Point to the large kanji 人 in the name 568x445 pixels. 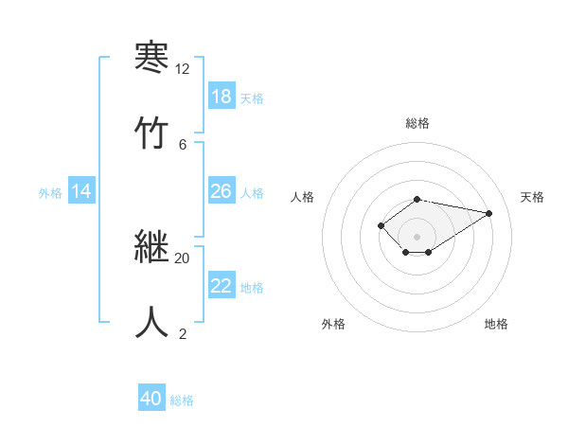click(151, 321)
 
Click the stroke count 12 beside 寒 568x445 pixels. click(182, 69)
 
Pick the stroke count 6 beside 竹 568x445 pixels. click(182, 144)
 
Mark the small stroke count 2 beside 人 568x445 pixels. click(182, 333)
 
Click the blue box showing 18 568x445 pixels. click(222, 97)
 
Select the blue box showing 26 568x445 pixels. click(222, 191)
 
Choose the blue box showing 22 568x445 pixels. click(222, 287)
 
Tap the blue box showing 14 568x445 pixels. click(81, 191)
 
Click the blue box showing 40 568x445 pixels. click(151, 399)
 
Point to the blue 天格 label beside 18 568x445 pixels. click(252, 98)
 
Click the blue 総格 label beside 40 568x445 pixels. click(182, 400)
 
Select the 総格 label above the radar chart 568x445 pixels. click(417, 123)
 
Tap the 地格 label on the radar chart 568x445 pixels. click(496, 324)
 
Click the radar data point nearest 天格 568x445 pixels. click(488, 213)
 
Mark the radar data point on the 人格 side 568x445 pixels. click(381, 225)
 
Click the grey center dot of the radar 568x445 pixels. click(417, 237)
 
